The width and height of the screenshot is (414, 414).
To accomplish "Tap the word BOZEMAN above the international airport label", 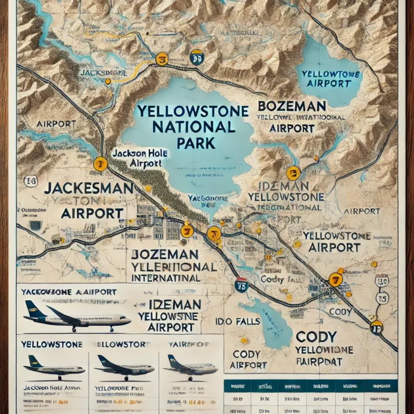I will [291, 106].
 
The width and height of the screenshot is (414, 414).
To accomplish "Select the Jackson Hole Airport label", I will [140, 158].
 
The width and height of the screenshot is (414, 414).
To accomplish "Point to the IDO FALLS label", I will [235, 321].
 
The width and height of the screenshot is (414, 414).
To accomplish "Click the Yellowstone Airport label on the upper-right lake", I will [326, 79].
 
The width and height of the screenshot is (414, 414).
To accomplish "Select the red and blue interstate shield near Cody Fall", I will [241, 284].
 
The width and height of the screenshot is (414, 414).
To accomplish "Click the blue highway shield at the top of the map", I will [196, 57].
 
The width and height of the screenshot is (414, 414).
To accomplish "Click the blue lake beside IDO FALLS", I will [268, 321].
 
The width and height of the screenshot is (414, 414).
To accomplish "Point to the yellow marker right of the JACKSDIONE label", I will [161, 59].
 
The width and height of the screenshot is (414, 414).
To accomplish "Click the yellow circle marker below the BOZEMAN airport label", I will [293, 173].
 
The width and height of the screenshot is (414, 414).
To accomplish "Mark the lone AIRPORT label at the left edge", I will [56, 124].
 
